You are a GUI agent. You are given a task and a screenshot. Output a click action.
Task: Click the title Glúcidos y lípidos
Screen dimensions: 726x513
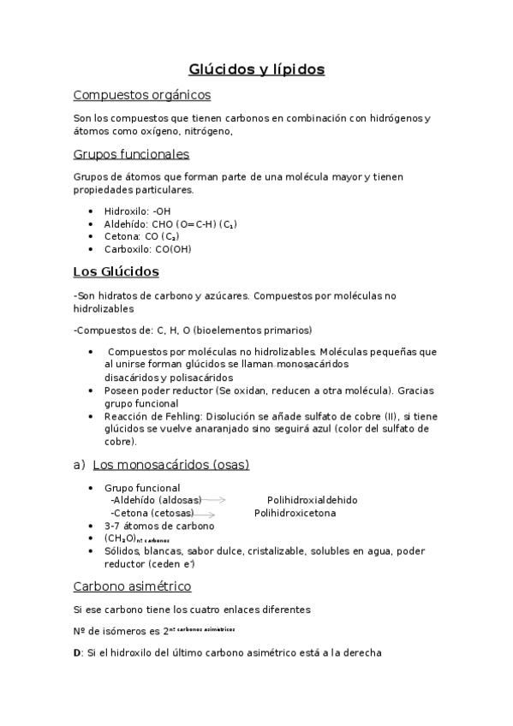click(256, 69)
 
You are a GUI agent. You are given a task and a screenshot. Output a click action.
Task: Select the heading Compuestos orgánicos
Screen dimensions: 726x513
click(142, 95)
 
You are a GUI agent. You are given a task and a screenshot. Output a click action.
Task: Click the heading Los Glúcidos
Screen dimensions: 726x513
click(116, 271)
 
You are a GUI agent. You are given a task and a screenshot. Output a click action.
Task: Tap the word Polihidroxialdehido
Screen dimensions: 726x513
click(312, 500)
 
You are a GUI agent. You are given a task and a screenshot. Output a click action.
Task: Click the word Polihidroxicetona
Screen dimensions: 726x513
click(295, 513)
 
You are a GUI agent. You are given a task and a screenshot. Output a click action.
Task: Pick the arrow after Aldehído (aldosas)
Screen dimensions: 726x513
click(213, 499)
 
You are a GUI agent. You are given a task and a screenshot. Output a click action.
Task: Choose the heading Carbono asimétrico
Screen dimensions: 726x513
click(133, 586)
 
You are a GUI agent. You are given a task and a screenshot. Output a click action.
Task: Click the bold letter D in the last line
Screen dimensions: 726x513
click(78, 652)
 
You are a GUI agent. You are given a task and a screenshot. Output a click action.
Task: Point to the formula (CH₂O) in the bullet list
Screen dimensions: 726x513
click(118, 539)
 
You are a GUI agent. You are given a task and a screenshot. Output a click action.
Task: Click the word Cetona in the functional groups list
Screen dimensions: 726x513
click(120, 236)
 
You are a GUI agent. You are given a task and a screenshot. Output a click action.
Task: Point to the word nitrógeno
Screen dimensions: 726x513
click(206, 132)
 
